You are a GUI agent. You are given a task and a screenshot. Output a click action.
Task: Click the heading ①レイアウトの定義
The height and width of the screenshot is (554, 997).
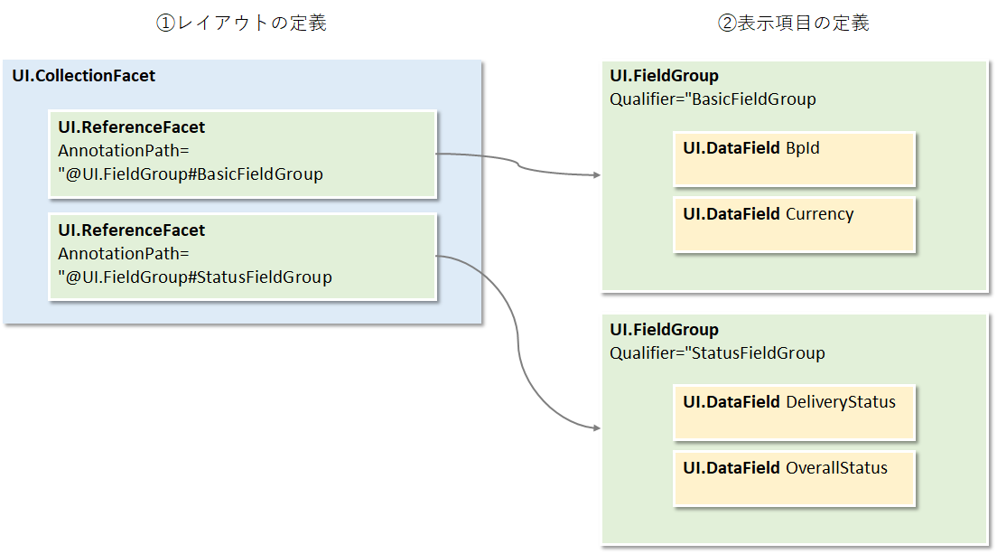coord(241,23)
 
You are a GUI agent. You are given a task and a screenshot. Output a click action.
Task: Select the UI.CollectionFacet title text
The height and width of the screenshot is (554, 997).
coord(84,76)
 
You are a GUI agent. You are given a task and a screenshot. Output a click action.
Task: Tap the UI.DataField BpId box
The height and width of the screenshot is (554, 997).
coord(795,160)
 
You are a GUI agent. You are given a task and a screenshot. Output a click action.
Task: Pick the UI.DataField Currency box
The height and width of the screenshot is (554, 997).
coord(795,225)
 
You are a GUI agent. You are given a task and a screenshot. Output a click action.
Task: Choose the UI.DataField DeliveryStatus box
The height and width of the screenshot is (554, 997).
coord(795,414)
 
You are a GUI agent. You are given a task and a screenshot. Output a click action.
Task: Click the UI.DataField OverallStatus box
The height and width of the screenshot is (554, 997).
coord(795,479)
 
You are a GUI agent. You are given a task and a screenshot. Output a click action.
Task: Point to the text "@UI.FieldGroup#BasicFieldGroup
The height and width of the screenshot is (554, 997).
coord(191,174)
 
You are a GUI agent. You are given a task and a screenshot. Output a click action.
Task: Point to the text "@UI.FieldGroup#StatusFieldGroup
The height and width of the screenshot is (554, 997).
coord(195,277)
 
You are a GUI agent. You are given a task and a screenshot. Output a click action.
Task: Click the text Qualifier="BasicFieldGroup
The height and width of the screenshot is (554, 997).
coord(713,99)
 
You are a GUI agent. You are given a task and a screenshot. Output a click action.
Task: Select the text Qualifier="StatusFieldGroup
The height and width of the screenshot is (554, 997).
coord(717,353)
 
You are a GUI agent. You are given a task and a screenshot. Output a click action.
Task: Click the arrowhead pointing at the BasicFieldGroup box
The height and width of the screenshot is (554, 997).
coord(597,175)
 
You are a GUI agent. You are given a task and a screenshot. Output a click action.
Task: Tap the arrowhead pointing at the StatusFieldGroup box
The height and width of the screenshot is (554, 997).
coord(597,428)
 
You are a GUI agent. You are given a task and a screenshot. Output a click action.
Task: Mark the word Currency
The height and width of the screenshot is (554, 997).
coord(819,214)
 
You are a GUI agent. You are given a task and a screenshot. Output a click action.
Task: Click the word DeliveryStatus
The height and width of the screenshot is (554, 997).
coord(841,402)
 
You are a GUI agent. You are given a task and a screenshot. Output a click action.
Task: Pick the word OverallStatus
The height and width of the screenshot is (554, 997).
coord(836,468)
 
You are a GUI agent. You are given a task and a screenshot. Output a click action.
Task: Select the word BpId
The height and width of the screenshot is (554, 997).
coord(803,148)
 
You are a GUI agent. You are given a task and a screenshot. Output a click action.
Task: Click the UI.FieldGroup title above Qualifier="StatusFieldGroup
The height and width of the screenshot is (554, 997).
coord(665,331)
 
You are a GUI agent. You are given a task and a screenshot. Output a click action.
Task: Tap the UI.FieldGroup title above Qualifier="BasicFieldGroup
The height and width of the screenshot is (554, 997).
coord(665,77)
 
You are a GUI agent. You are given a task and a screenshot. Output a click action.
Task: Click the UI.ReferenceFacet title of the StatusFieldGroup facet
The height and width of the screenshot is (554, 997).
coord(132,230)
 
